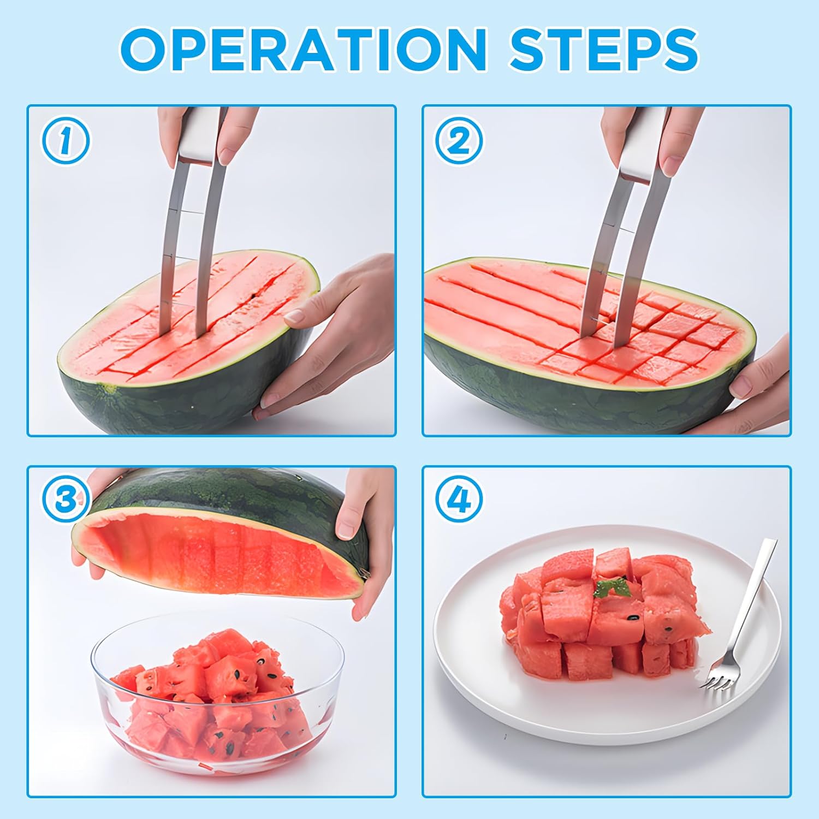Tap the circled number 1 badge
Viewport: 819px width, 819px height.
(66, 140)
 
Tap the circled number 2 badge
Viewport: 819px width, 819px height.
(459, 141)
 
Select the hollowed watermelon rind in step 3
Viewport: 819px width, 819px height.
(218, 532)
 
